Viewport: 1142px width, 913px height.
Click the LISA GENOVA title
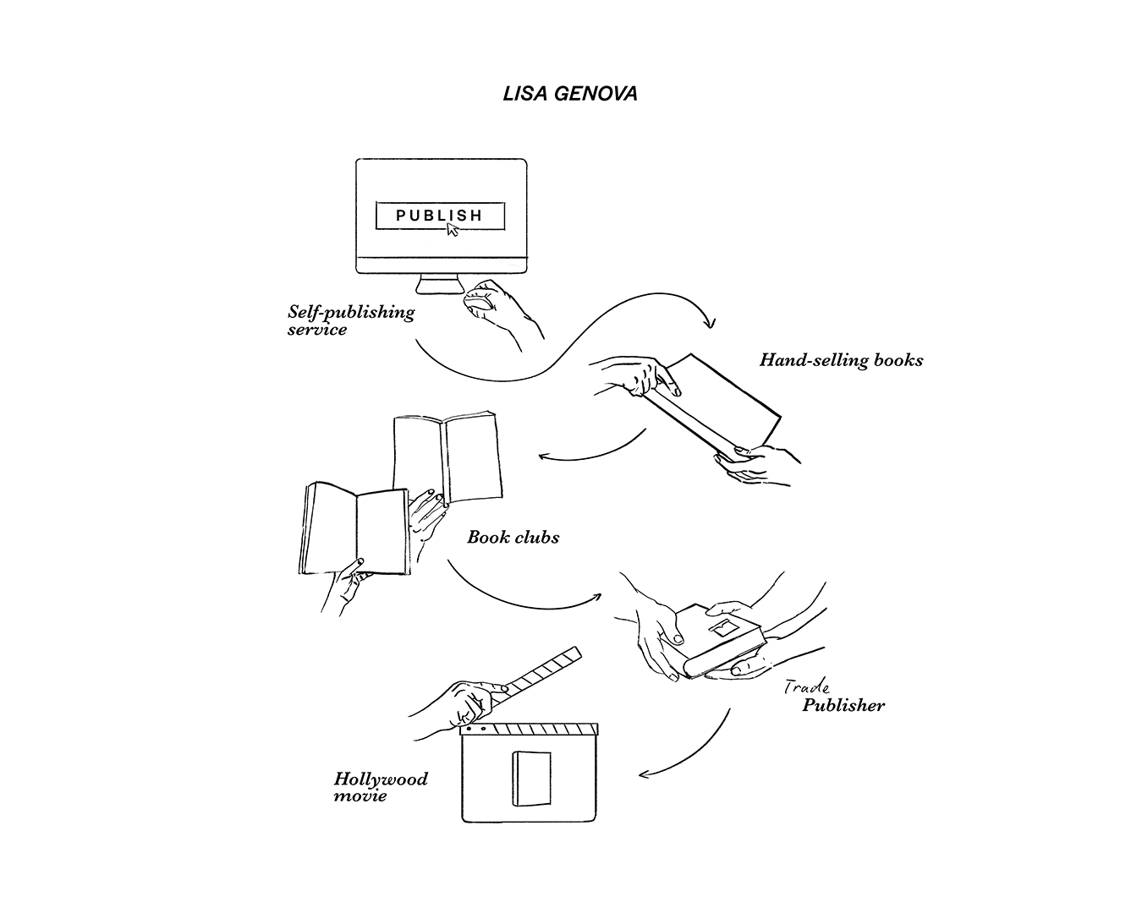pos(570,94)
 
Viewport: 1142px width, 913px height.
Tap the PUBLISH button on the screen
pos(440,216)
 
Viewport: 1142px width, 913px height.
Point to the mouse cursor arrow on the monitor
pos(452,229)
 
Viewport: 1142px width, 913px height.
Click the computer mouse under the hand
pos(478,305)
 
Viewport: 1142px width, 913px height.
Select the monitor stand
pos(441,284)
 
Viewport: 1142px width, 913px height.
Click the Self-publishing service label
pos(351,320)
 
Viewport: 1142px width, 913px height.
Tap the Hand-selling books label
pos(841,360)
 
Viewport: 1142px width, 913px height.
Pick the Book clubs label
pos(513,538)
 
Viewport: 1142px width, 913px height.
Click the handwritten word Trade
pos(807,687)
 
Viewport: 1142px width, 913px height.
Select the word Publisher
pos(843,705)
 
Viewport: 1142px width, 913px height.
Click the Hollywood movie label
pos(381,787)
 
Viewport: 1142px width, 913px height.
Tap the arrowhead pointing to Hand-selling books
pos(710,322)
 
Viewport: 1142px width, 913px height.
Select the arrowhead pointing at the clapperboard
pos(644,775)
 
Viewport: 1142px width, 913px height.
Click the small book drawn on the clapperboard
pos(531,779)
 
